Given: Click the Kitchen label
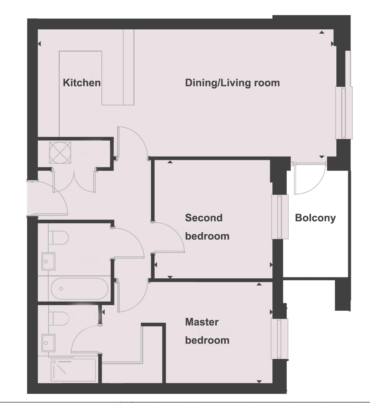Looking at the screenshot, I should click(x=82, y=83).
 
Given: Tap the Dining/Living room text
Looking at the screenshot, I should click(x=232, y=83).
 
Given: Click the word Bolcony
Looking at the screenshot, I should click(x=315, y=218).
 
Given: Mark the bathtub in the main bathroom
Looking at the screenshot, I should click(x=80, y=289).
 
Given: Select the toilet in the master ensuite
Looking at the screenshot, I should click(x=58, y=318).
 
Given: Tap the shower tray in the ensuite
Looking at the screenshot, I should click(x=73, y=371).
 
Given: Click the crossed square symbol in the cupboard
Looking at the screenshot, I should click(x=60, y=152).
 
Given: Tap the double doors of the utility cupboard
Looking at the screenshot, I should click(x=74, y=181).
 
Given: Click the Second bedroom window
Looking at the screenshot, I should click(x=280, y=217).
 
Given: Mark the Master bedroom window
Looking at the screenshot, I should click(x=280, y=339).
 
